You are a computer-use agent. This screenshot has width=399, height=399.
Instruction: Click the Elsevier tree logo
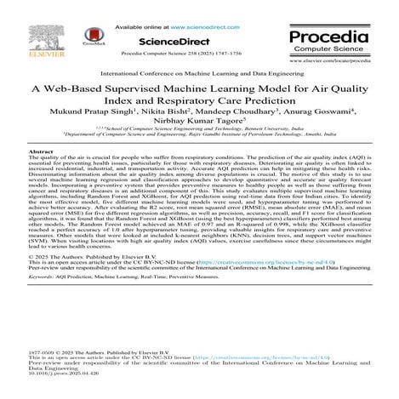pyautogui.click(x=29, y=31)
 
